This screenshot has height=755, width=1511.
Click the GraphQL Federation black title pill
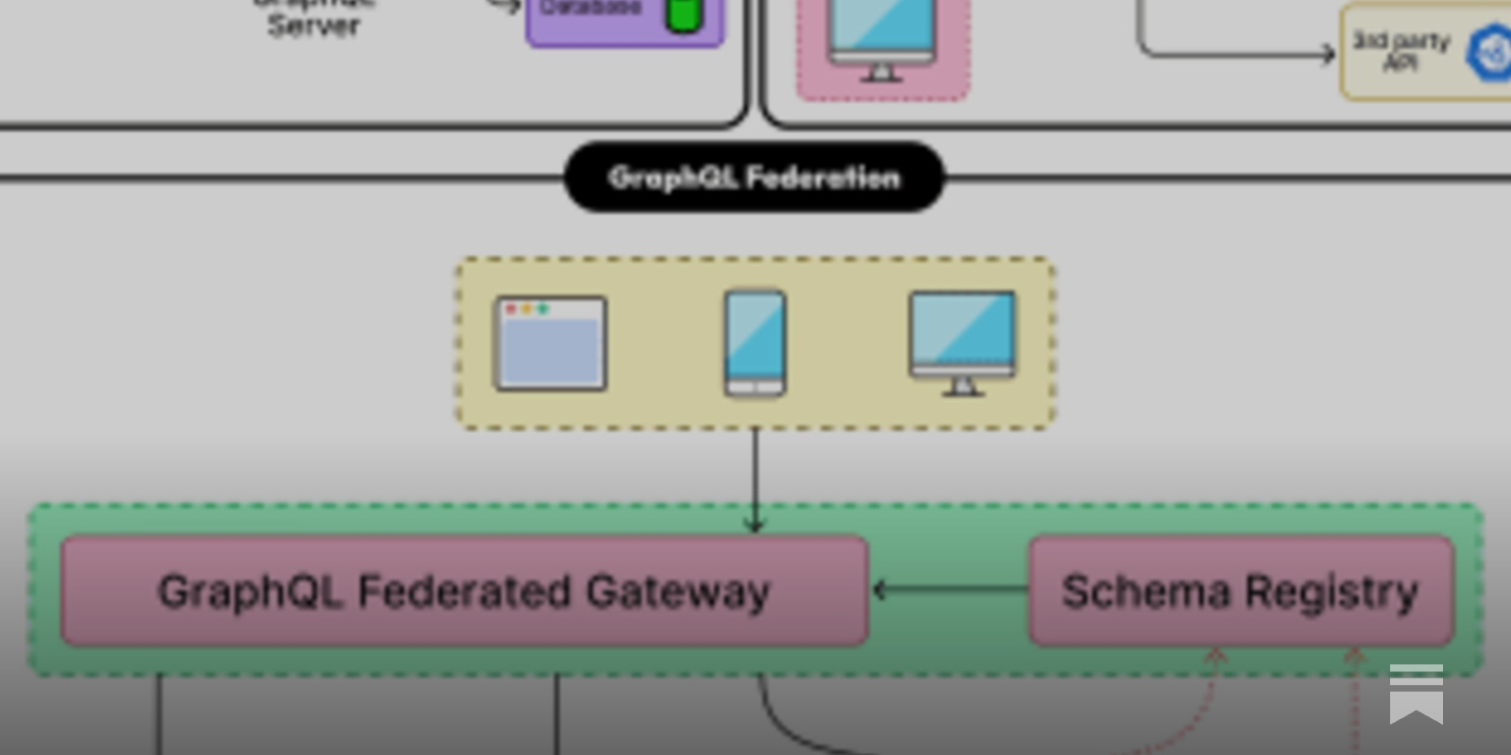pyautogui.click(x=754, y=177)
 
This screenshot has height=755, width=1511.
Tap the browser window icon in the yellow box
pyautogui.click(x=551, y=344)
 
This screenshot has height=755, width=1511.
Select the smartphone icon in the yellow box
pyautogui.click(x=755, y=344)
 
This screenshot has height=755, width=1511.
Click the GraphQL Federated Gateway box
pyautogui.click(x=464, y=592)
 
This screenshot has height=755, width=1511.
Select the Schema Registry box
pyautogui.click(x=1240, y=592)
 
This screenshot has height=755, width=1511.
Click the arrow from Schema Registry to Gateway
pyautogui.click(x=948, y=590)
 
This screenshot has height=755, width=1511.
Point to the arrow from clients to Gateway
pyautogui.click(x=755, y=481)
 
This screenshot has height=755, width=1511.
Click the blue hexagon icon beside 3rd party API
pyautogui.click(x=1489, y=53)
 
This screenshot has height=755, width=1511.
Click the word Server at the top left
pyautogui.click(x=314, y=25)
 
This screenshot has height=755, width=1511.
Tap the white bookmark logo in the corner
pyautogui.click(x=1416, y=694)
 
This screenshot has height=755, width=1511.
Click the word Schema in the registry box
pyautogui.click(x=1146, y=592)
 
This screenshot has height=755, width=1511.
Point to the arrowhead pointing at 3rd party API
pyautogui.click(x=1328, y=54)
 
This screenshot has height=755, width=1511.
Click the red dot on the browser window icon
pyautogui.click(x=511, y=309)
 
